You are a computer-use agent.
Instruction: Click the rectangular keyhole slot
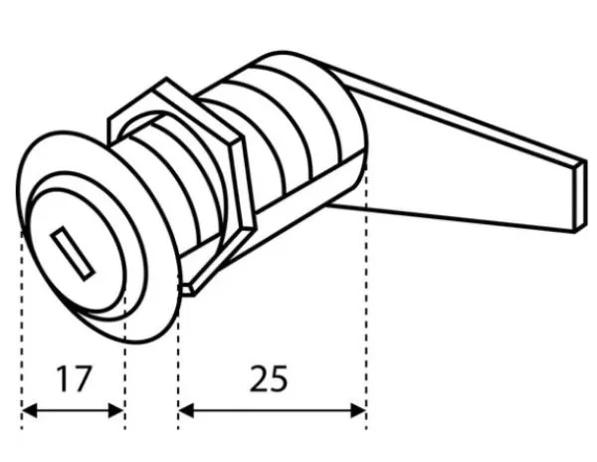[73, 254]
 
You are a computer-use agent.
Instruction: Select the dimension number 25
[269, 378]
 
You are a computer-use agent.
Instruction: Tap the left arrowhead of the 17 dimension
[30, 411]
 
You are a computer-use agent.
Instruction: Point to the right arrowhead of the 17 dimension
[116, 411]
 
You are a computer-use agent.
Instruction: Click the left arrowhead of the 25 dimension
[186, 411]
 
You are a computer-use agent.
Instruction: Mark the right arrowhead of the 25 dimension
[358, 411]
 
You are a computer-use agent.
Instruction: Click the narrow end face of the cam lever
[580, 196]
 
